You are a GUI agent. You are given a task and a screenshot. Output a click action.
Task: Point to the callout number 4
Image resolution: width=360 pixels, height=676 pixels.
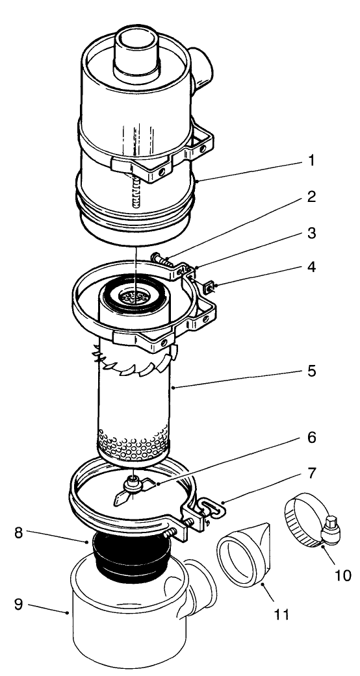pyautogui.click(x=312, y=266)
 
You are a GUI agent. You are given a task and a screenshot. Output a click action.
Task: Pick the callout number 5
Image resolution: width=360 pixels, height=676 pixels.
pyautogui.click(x=312, y=371)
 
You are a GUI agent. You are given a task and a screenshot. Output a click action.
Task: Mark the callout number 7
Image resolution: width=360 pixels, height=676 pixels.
pyautogui.click(x=312, y=473)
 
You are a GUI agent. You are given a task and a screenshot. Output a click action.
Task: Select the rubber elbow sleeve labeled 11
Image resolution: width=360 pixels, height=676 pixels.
pyautogui.click(x=244, y=545)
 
